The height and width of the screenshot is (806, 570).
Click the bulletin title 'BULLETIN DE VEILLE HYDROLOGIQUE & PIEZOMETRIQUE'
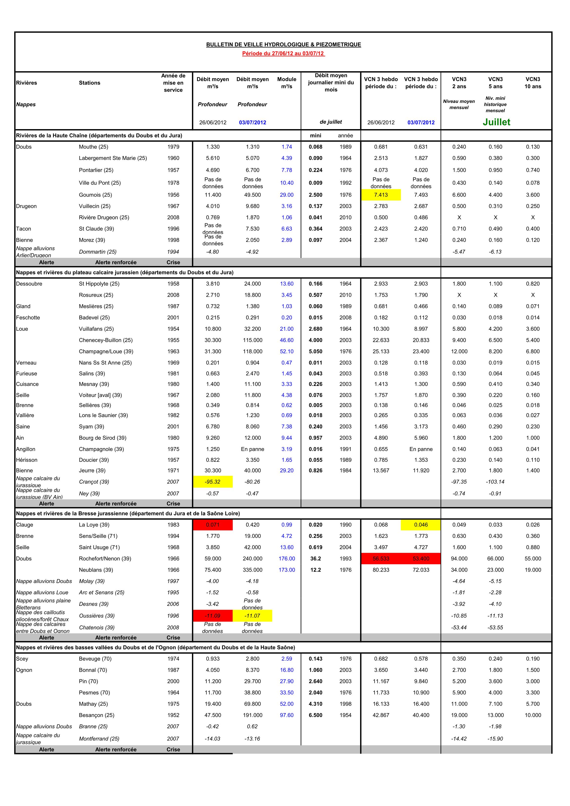point(283,45)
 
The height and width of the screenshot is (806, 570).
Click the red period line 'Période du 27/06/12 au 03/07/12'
point(283,54)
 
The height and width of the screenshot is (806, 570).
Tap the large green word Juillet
point(496,122)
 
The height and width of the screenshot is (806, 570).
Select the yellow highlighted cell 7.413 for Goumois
point(381,195)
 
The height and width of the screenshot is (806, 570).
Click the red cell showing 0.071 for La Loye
point(213,525)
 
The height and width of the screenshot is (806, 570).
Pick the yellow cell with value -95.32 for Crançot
point(213,482)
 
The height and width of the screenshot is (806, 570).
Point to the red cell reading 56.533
point(381,558)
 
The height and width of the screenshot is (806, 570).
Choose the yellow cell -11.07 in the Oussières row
point(252,616)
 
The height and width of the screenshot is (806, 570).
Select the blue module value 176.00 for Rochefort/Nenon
point(287,558)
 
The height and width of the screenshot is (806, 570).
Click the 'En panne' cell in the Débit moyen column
point(252,449)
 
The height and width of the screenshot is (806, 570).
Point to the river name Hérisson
point(27,460)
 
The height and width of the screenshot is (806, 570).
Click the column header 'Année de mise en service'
point(173,83)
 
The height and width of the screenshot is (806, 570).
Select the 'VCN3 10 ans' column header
point(533,83)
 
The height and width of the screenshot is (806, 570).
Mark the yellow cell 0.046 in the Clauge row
point(421,525)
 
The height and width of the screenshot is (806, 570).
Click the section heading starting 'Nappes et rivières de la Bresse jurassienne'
point(128,514)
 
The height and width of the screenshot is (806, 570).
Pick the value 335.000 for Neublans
point(252,570)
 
